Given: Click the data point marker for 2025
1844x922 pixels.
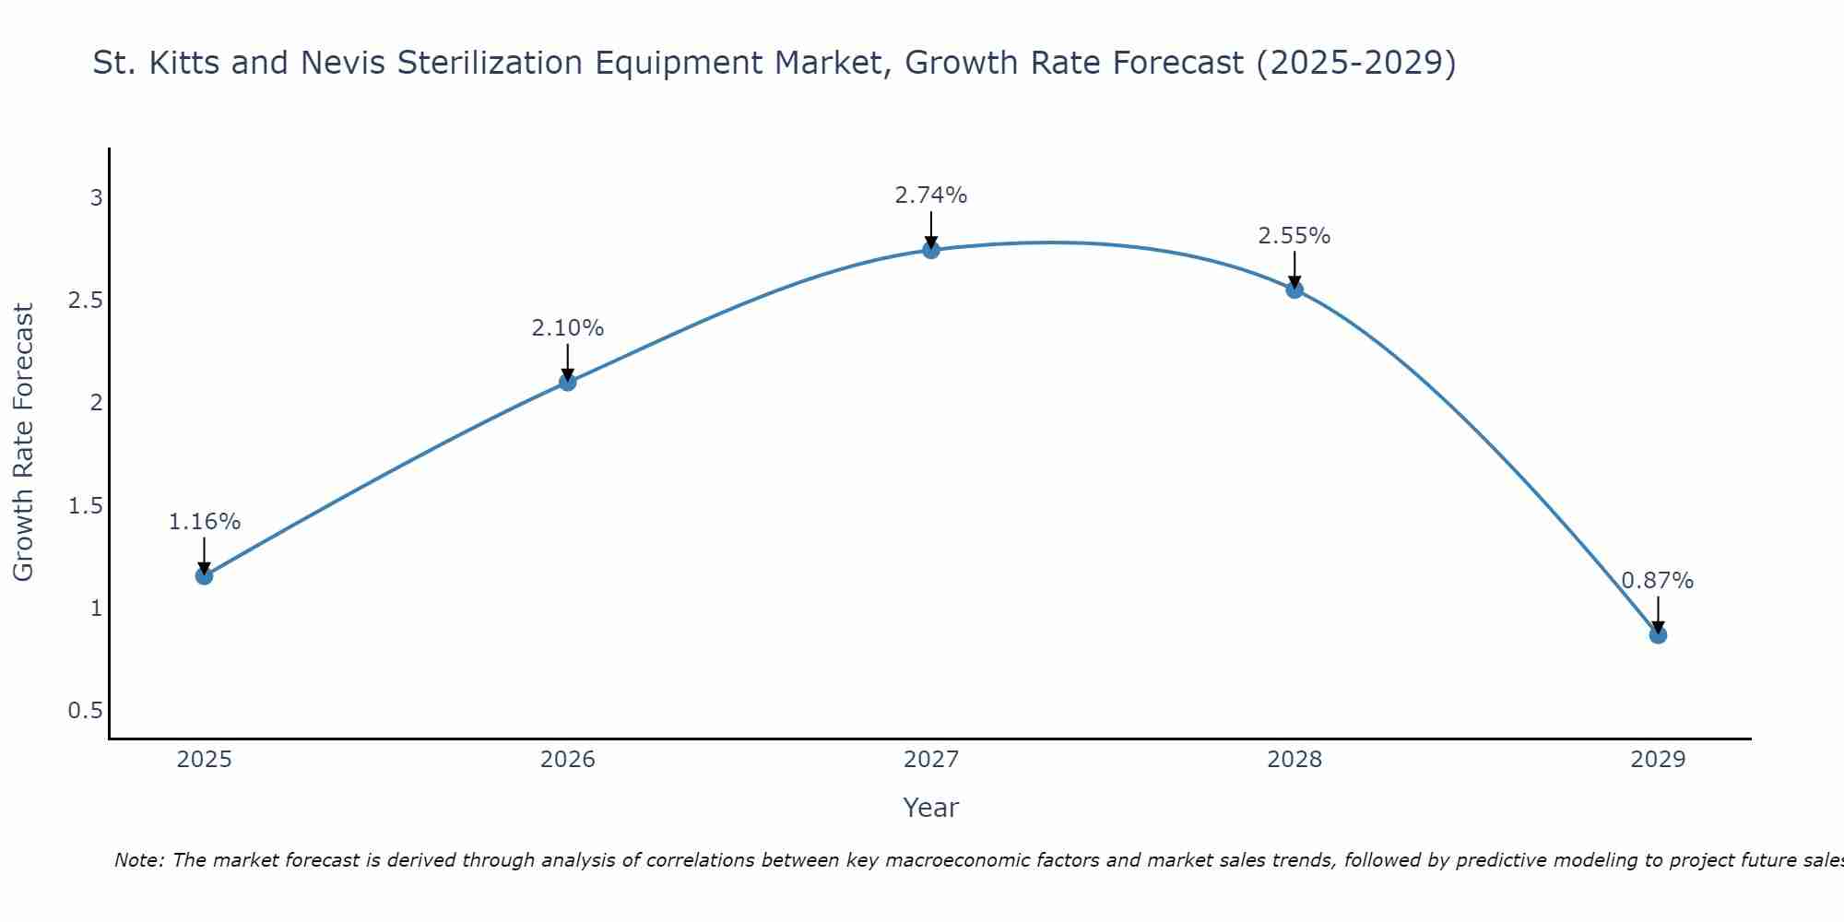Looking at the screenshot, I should [x=204, y=576].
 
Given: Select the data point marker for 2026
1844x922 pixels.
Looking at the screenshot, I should [x=568, y=382].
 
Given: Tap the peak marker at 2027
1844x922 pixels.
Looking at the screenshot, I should [x=931, y=250].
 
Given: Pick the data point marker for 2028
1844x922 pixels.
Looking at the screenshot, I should [x=1294, y=290].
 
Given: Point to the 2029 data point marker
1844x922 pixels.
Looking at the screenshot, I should [x=1658, y=634].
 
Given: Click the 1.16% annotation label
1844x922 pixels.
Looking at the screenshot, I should [x=204, y=522].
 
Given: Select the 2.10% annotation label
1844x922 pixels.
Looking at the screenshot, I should [x=568, y=328].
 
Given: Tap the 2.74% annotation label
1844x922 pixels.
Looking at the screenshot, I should [x=931, y=195].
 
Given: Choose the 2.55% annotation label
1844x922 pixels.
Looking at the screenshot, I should [x=1294, y=236].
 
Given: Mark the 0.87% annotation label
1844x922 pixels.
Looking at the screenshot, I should [x=1658, y=581].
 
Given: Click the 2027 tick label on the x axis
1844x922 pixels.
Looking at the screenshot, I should [x=931, y=760].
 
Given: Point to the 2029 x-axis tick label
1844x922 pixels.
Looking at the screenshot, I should [x=1658, y=760].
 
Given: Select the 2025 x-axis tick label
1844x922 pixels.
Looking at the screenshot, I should [x=204, y=760].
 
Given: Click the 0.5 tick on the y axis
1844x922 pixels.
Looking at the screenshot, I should [x=85, y=711].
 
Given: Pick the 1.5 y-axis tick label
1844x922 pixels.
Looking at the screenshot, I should [x=85, y=505].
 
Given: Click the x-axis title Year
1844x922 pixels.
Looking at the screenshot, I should [x=931, y=808].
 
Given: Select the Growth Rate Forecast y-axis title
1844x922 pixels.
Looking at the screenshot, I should [x=23, y=443].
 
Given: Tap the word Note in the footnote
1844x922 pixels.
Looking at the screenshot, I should [x=138, y=860].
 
